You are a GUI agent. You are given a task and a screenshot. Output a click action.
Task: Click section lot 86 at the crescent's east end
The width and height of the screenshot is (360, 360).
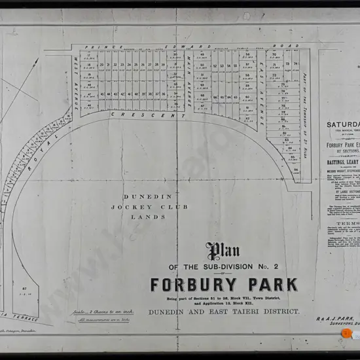[296, 170]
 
